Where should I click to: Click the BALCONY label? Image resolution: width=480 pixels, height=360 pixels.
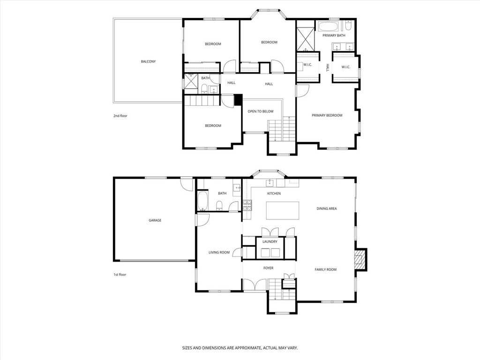148,61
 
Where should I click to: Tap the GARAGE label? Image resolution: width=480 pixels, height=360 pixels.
155,220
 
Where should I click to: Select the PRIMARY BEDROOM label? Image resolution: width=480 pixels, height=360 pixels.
327,115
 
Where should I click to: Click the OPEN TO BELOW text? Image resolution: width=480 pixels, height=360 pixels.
261,111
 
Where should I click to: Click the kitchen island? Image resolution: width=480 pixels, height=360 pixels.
283,210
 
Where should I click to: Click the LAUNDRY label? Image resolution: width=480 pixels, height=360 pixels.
270,242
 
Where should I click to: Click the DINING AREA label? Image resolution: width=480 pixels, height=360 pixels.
327,209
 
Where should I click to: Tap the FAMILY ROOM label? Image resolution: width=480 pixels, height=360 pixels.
325,270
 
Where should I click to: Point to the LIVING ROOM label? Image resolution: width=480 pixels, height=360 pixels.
219,253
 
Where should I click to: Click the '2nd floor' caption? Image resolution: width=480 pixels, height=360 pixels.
120,116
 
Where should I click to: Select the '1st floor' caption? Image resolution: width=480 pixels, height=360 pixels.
120,275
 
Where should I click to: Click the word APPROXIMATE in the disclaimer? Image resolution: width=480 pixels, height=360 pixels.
243,348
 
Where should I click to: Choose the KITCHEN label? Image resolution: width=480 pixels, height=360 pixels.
274,194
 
